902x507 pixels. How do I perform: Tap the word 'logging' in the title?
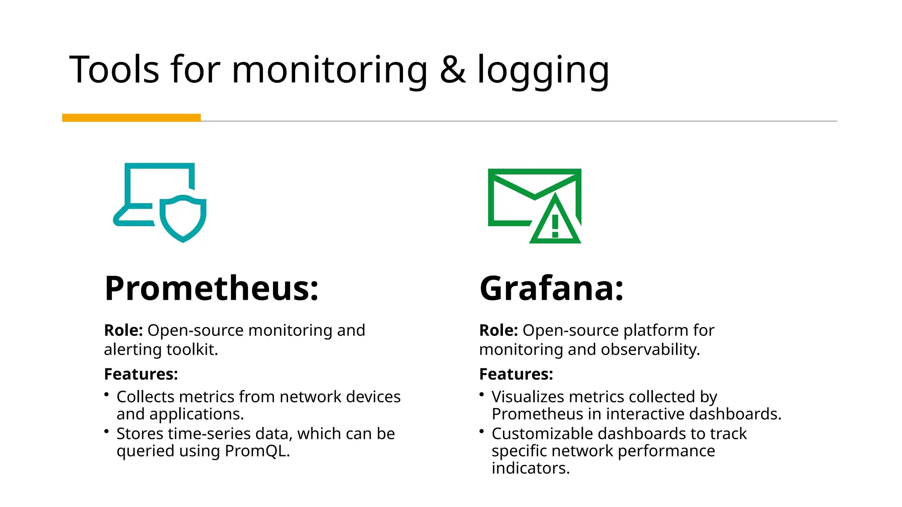click(543, 70)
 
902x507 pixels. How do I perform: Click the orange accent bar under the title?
click(131, 118)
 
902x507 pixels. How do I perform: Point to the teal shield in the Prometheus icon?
click(183, 218)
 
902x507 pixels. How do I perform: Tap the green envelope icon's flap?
click(534, 185)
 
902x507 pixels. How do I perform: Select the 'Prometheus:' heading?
click(211, 288)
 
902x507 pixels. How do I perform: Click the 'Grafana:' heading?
click(551, 288)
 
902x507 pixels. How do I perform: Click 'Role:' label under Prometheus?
click(123, 330)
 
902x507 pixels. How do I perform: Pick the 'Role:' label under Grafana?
click(499, 330)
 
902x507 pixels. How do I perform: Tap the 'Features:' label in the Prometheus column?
click(141, 374)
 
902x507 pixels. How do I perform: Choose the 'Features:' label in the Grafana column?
click(516, 374)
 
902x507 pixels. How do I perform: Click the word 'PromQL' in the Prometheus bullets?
click(255, 451)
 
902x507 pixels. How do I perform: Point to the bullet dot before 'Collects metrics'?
click(107, 394)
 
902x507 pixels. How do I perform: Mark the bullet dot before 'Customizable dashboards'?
click(482, 431)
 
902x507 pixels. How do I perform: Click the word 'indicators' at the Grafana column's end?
click(530, 468)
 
